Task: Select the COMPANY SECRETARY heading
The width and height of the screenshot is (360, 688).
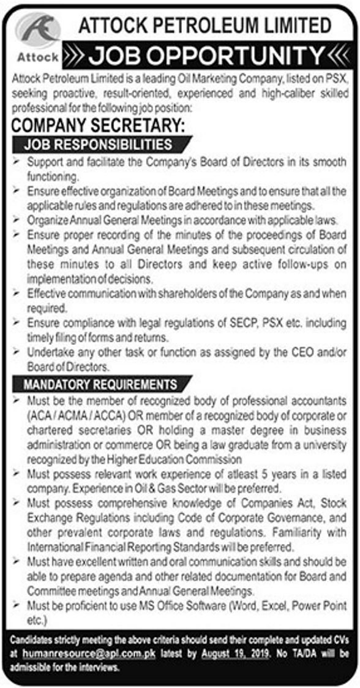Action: point(98,126)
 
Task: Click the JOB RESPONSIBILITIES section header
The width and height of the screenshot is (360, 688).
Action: point(98,145)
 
